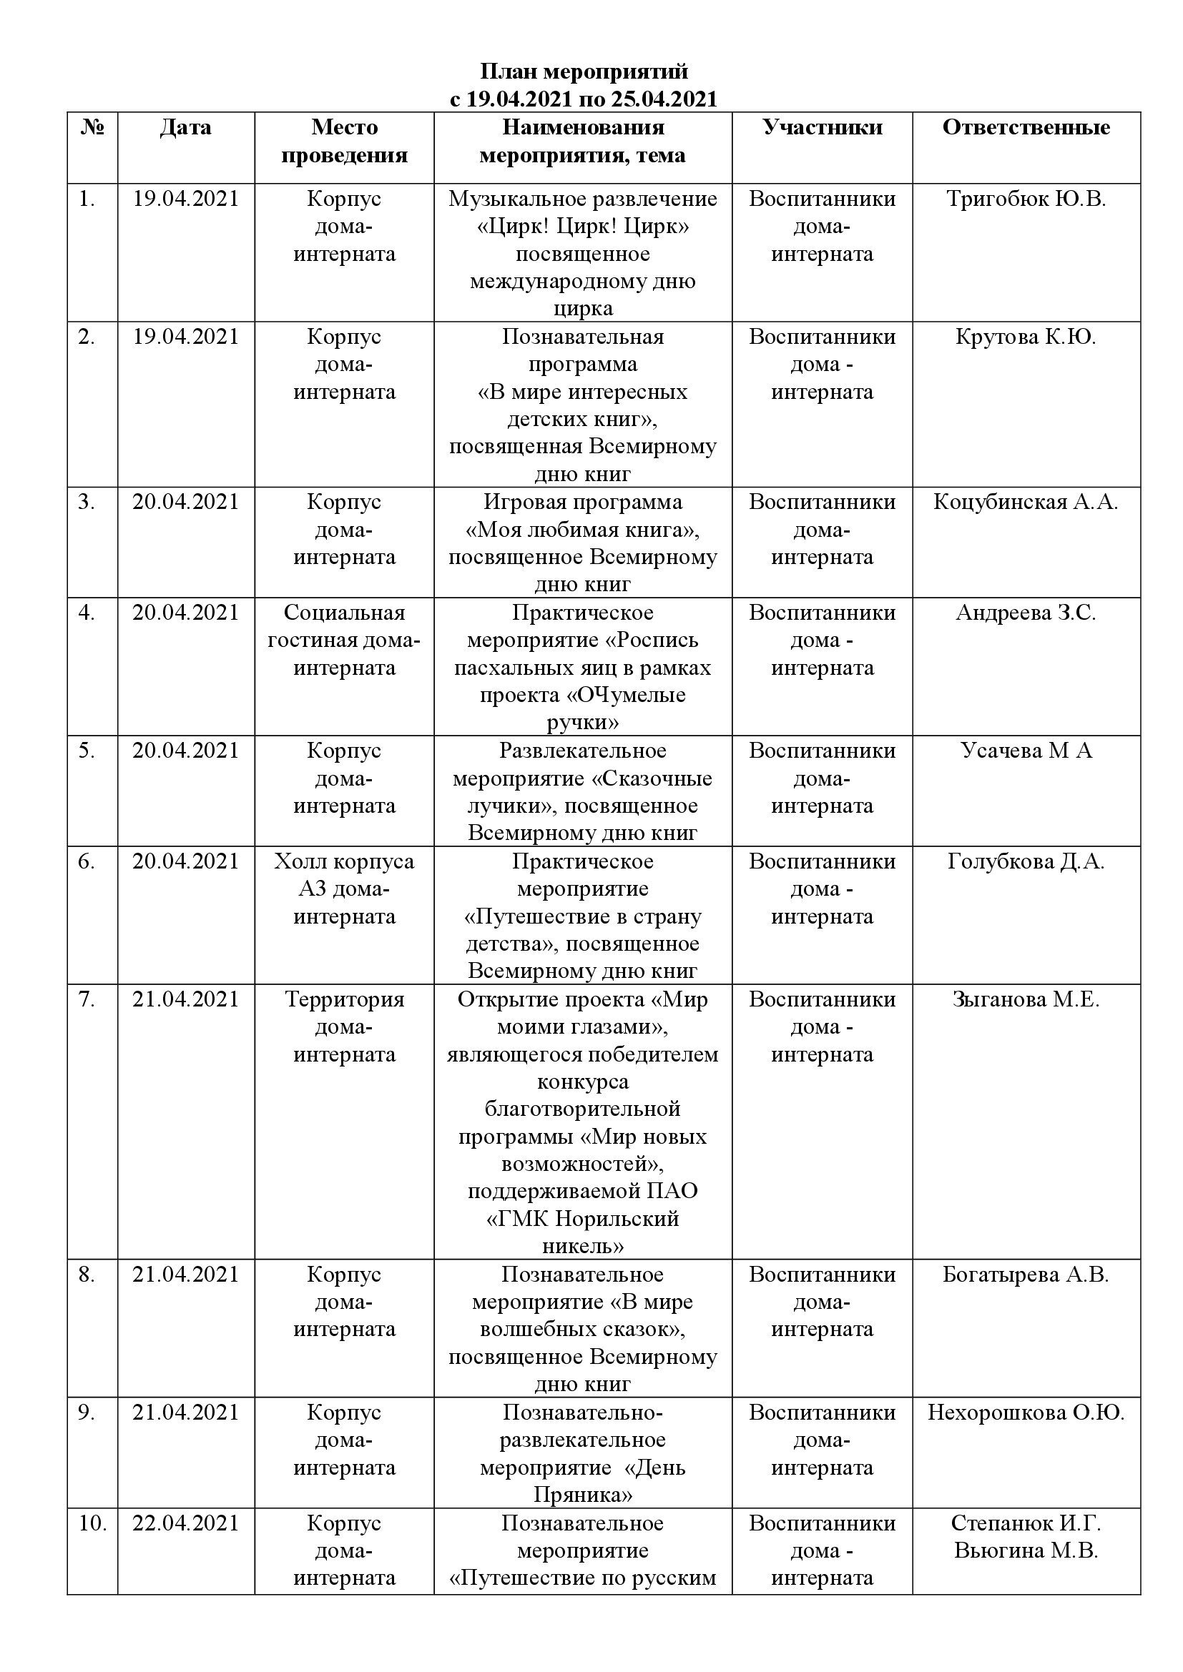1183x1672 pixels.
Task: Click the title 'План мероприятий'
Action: (x=584, y=72)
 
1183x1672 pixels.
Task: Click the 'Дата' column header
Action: (x=186, y=127)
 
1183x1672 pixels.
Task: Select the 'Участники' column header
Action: (x=823, y=127)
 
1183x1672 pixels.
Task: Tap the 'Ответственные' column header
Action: (x=1026, y=127)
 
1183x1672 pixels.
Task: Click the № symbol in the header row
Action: (x=92, y=127)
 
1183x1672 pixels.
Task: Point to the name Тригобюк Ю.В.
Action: (x=1026, y=199)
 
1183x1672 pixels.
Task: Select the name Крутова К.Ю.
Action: (x=1026, y=337)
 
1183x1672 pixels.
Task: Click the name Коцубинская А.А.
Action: (x=1026, y=502)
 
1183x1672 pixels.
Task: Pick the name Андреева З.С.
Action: (x=1026, y=613)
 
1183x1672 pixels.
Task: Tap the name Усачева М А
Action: (x=1026, y=750)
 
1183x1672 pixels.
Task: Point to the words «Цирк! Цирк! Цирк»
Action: (x=583, y=227)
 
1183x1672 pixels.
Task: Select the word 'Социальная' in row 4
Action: (x=344, y=613)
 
